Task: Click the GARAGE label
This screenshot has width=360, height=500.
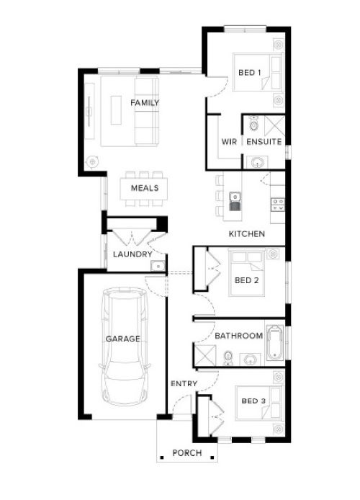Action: tap(122, 339)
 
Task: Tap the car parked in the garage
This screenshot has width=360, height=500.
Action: tap(125, 347)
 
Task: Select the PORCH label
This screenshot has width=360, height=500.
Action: tap(187, 452)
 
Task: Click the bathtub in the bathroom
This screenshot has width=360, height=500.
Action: tap(274, 343)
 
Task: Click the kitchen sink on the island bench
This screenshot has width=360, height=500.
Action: tap(235, 202)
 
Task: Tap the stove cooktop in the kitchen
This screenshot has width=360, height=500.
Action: tap(277, 205)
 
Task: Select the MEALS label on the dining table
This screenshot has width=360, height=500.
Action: tap(144, 188)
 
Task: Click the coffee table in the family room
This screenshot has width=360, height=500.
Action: tap(116, 110)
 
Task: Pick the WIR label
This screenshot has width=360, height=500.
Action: tap(229, 142)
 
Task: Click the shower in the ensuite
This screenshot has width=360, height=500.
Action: tap(274, 126)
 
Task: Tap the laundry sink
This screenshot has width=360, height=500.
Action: tap(158, 266)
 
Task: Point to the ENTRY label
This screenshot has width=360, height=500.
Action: tap(184, 383)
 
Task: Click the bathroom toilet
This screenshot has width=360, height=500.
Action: tap(228, 358)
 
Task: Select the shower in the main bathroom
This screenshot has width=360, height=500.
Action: tap(205, 355)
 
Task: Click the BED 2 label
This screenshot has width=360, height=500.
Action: tap(246, 280)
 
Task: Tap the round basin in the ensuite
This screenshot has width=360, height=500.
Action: tap(258, 163)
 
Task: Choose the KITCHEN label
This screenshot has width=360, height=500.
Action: tap(247, 233)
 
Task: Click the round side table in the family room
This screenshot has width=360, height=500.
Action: tap(92, 161)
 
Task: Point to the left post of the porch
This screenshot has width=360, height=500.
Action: tap(162, 457)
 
